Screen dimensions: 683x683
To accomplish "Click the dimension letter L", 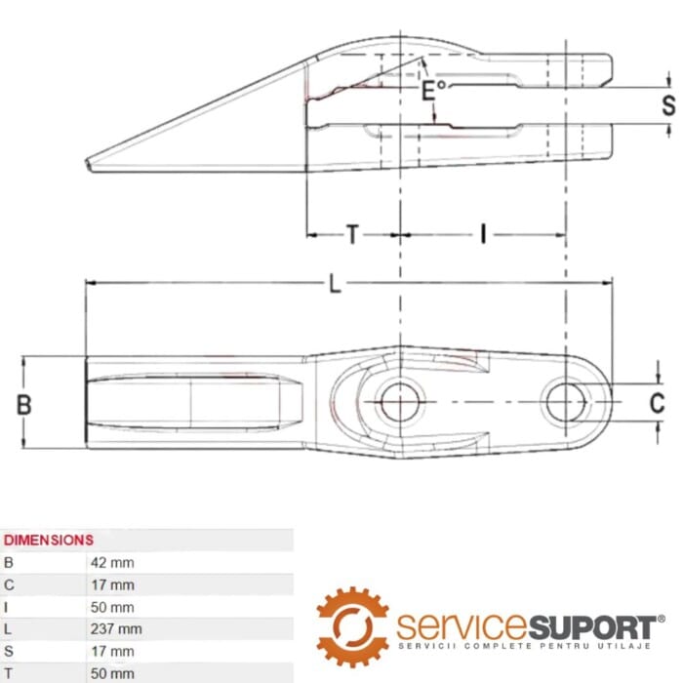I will point(335,284).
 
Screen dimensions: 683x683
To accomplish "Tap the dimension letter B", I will point(25,404).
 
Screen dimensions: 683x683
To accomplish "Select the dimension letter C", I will point(658,402).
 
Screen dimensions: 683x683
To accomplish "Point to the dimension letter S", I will point(667,105).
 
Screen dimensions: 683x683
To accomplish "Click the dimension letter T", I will point(352,234).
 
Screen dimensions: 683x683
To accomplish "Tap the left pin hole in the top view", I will point(398,402).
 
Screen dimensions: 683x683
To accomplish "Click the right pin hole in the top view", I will point(565,401).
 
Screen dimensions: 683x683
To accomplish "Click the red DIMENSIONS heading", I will point(49,540).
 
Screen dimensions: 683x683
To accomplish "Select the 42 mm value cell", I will point(111,563).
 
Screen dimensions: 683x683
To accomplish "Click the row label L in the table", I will point(8,629).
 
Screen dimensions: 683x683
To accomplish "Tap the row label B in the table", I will point(9,563).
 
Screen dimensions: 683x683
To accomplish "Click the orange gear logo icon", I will point(351,624).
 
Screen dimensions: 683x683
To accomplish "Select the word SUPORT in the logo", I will point(592,625).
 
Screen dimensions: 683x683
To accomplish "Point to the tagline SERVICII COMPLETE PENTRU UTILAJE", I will point(527,647).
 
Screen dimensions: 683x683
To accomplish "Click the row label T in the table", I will point(8,673).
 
